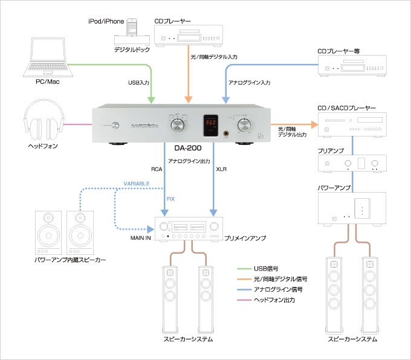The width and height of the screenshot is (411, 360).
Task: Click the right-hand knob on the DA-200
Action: pos(245,125)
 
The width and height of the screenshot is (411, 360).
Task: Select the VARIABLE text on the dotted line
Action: pos(136,182)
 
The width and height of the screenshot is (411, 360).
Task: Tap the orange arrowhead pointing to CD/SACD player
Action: pos(314,124)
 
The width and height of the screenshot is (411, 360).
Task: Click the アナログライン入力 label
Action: pos(249,82)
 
